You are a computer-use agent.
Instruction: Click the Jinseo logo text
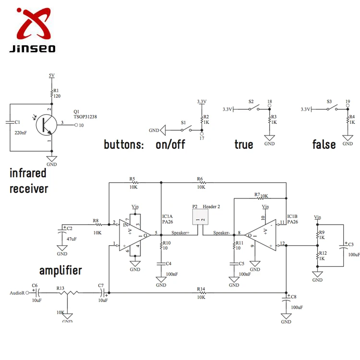pos(32,48)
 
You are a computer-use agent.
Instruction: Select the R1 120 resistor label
pos(56,93)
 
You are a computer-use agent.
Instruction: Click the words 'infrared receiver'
pos(29,180)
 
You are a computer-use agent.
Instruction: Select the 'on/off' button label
pos(170,144)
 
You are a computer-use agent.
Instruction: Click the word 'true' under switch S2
pos(244,144)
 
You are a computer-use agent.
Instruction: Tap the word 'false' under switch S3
pos(324,144)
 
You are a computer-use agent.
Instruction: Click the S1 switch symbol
pos(185,130)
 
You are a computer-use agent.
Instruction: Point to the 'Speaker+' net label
pos(180,233)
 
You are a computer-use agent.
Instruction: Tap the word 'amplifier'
pos(60,270)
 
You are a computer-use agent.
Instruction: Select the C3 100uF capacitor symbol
pos(344,246)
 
